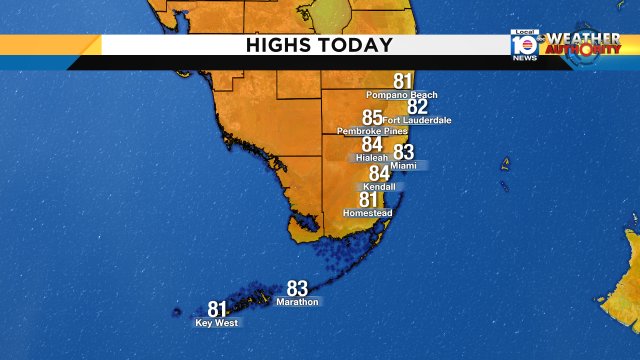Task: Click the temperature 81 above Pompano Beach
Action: point(403,82)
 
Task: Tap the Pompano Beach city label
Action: point(403,96)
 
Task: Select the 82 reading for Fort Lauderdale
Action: point(417,107)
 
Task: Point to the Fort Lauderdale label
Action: point(417,120)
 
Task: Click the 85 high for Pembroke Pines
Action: point(372,118)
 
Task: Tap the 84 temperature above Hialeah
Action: point(372,144)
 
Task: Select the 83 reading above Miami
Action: point(404,152)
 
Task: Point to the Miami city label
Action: point(404,165)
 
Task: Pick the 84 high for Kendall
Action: point(380,174)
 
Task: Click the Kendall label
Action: point(380,187)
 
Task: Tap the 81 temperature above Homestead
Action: point(369,200)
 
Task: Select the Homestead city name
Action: point(367,213)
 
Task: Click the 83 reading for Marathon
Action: point(298,288)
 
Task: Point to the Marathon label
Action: point(298,301)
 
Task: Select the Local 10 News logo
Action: point(524,46)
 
